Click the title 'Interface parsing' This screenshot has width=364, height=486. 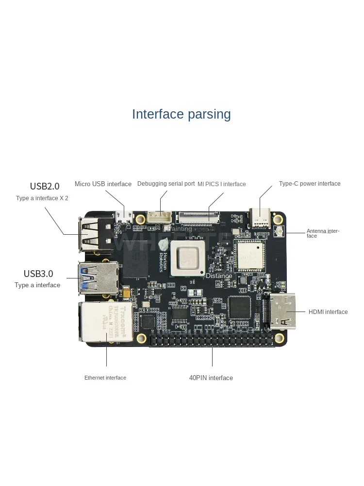pyautogui.click(x=182, y=114)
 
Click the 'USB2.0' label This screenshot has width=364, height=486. pyautogui.click(x=45, y=186)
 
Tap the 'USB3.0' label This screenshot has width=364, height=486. pyautogui.click(x=38, y=273)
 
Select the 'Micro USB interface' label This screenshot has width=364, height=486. pyautogui.click(x=103, y=184)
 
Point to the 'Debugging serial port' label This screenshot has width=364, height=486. pyautogui.click(x=166, y=184)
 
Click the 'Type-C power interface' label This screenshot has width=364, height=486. pyautogui.click(x=310, y=184)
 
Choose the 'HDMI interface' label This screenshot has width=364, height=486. pyautogui.click(x=328, y=312)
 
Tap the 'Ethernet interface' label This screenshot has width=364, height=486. pyautogui.click(x=105, y=378)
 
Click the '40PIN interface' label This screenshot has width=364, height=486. pyautogui.click(x=211, y=378)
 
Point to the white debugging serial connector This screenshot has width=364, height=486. pyautogui.click(x=158, y=217)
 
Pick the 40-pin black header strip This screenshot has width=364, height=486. pyautogui.click(x=212, y=340)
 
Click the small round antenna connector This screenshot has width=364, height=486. pyautogui.click(x=280, y=233)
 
